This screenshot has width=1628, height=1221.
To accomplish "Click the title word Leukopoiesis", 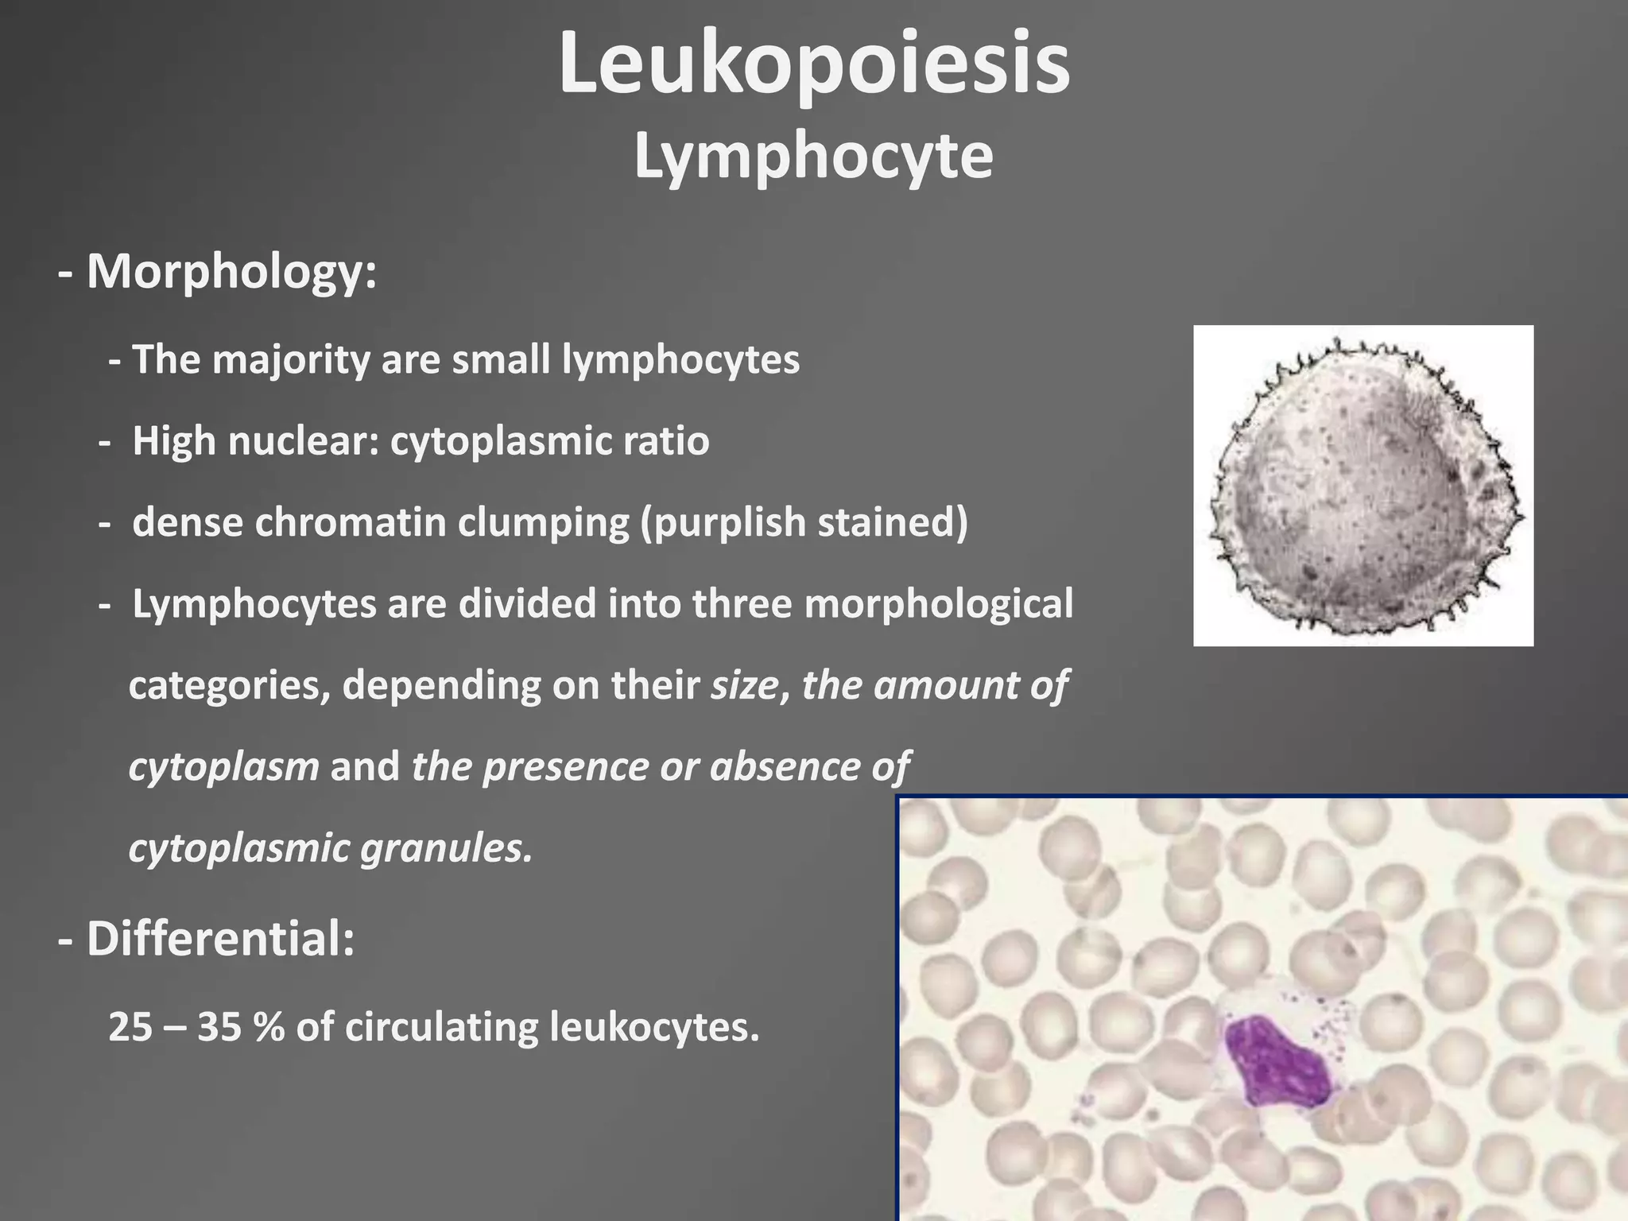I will click(814, 65).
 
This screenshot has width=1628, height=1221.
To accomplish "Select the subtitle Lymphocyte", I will click(813, 157).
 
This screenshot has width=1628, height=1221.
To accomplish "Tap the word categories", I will click(228, 685).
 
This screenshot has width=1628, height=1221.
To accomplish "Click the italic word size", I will click(744, 685).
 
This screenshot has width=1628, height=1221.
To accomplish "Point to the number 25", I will click(130, 1027).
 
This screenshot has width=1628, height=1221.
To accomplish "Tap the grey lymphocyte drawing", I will click(1362, 486).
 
